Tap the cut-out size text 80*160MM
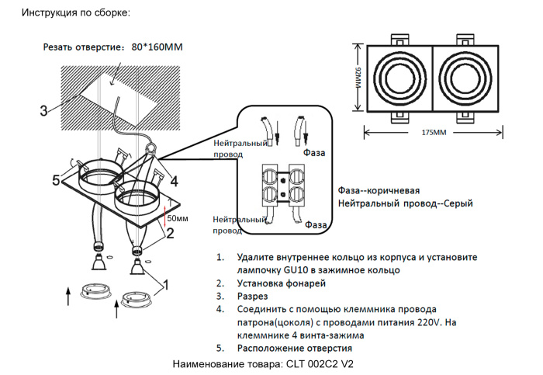(157, 47)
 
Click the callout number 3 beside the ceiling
(43, 110)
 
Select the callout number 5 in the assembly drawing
(55, 181)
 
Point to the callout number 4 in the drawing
(175, 181)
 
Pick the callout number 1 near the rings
(164, 285)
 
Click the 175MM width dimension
(434, 133)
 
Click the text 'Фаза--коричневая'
(379, 190)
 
